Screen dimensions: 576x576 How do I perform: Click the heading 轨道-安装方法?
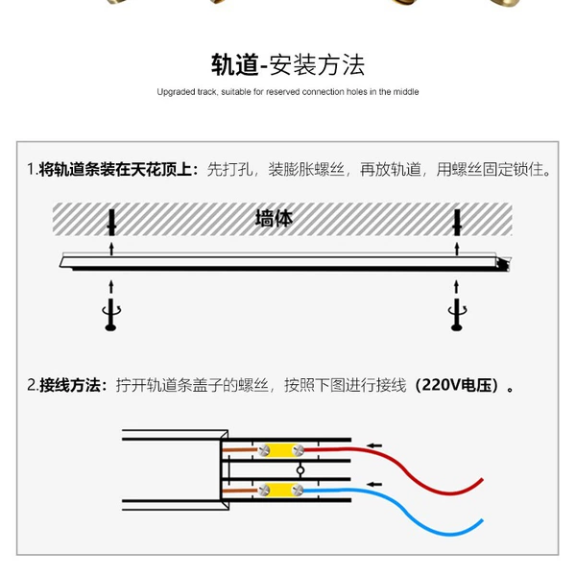point(288,65)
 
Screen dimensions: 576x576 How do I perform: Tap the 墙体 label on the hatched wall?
point(274,218)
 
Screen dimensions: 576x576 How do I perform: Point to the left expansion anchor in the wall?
point(111,223)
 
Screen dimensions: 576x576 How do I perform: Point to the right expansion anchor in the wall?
point(457,223)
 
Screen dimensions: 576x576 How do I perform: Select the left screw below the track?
point(111,315)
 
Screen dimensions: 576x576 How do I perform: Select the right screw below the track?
point(457,315)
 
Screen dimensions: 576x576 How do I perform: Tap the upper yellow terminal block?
point(281,449)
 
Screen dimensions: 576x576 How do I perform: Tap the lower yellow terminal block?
point(281,490)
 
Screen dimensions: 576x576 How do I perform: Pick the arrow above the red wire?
point(374,445)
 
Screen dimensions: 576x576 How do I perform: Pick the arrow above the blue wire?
point(374,484)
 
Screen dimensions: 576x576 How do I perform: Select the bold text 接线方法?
point(70,385)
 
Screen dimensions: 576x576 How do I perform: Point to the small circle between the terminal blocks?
point(300,470)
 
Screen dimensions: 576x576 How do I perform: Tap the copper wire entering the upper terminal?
point(240,449)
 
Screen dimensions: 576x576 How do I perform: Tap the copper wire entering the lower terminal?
point(240,491)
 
